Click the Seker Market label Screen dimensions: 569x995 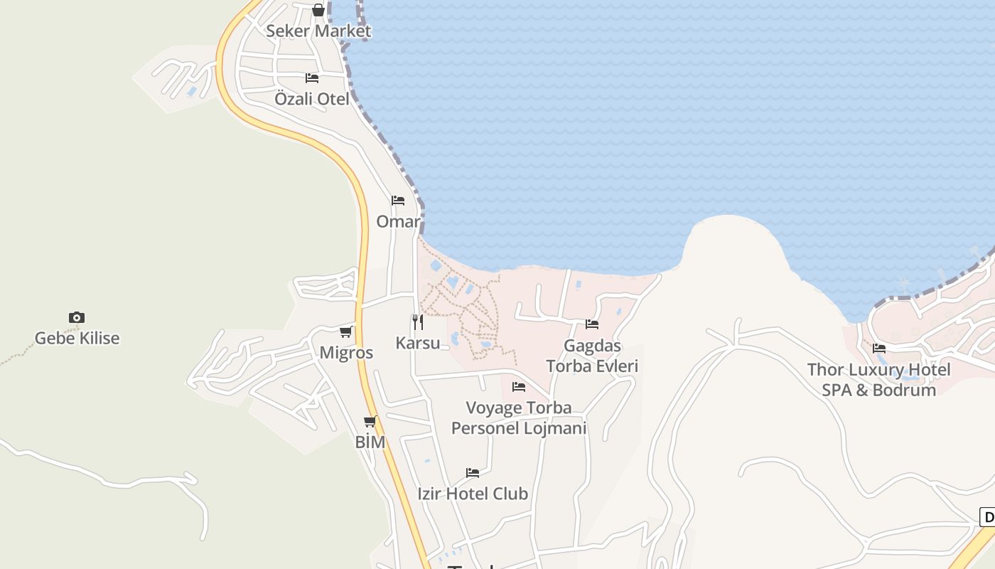click(x=318, y=31)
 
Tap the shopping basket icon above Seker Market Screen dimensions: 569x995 click(x=318, y=10)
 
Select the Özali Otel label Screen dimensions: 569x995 click(x=312, y=99)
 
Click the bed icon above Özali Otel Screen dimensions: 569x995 click(x=312, y=78)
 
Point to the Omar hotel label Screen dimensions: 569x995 click(x=398, y=222)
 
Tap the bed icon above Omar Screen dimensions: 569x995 click(x=398, y=201)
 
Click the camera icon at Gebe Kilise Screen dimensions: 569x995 click(x=77, y=317)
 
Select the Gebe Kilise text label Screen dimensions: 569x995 click(x=77, y=339)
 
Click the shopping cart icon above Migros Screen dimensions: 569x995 click(x=346, y=331)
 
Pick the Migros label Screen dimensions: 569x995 click(x=346, y=353)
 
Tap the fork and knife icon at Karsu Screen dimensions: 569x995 click(x=418, y=321)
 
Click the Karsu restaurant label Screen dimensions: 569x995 click(x=418, y=343)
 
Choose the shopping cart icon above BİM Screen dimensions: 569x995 click(x=370, y=421)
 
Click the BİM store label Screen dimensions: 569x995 click(x=370, y=442)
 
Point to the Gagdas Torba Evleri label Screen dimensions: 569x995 click(x=592, y=356)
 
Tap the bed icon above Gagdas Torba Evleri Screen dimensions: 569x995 click(x=592, y=324)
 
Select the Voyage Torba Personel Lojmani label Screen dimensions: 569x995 click(x=519, y=418)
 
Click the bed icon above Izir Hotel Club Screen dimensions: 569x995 click(x=473, y=472)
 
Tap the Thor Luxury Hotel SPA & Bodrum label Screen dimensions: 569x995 click(x=879, y=380)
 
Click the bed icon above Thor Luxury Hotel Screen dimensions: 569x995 click(x=879, y=349)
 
